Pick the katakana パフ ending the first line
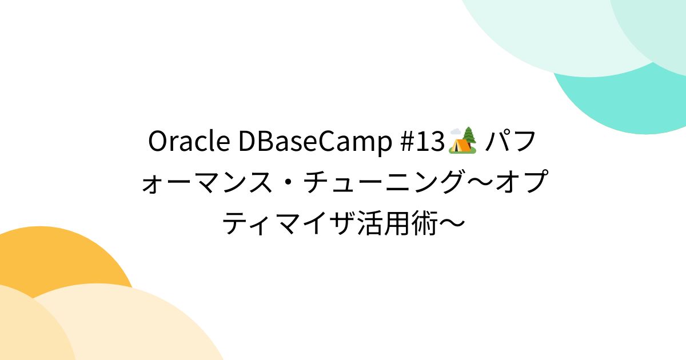[510, 142]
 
